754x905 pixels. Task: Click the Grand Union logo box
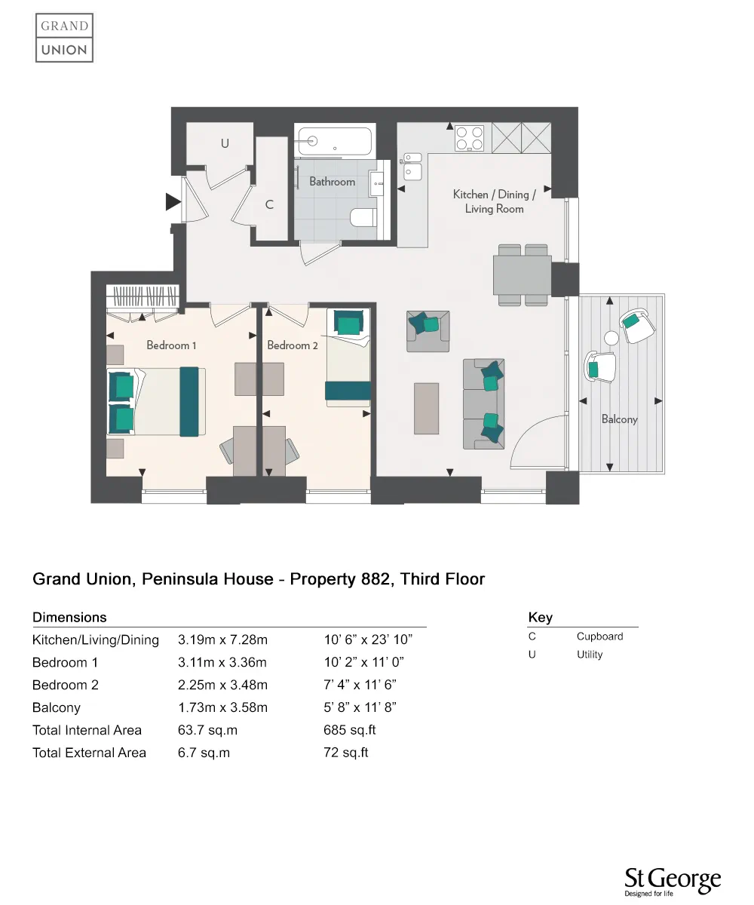click(x=65, y=38)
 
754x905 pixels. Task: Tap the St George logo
click(x=673, y=882)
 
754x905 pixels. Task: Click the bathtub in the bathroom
click(x=334, y=141)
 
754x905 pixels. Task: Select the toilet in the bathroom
click(x=363, y=218)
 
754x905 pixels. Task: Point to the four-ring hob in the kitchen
click(x=470, y=138)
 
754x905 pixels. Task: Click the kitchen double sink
click(x=412, y=166)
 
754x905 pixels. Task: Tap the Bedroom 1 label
click(x=171, y=345)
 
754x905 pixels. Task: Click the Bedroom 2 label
click(x=293, y=345)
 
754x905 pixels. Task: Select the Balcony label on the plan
click(x=619, y=419)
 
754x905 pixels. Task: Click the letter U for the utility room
click(x=225, y=143)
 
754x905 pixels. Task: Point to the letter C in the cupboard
click(x=269, y=204)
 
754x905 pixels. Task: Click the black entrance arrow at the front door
click(x=173, y=202)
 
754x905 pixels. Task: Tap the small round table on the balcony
click(x=611, y=339)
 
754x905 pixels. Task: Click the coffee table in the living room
click(x=426, y=408)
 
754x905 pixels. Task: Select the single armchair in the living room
click(x=428, y=330)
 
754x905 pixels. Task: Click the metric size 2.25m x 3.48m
click(x=222, y=685)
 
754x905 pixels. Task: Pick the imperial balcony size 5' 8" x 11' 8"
click(x=360, y=707)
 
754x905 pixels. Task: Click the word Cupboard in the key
click(x=599, y=637)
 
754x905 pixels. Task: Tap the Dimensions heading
click(x=69, y=618)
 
